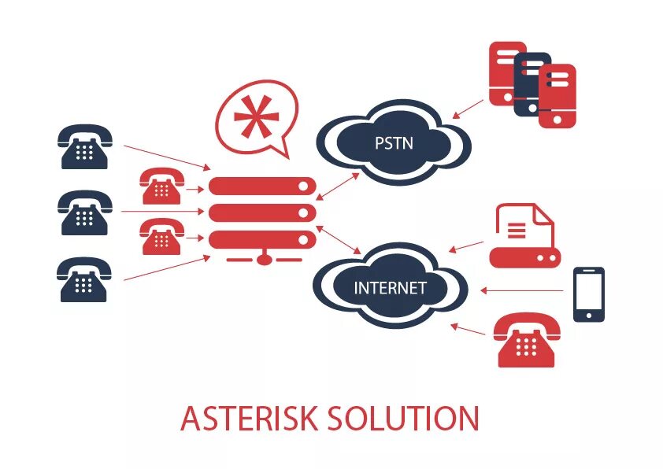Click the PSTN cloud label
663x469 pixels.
[393, 143]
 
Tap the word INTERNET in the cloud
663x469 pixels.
[390, 287]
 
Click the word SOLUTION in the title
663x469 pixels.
[416, 418]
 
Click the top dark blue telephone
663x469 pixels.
[84, 146]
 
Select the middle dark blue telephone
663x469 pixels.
[84, 212]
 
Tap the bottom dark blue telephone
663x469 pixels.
[84, 279]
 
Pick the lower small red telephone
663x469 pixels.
[160, 237]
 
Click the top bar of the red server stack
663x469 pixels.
[262, 186]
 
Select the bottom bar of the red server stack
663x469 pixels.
[262, 239]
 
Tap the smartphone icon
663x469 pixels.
[588, 294]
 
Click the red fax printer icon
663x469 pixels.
[524, 236]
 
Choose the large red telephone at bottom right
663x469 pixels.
[528, 340]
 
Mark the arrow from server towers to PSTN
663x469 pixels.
[470, 108]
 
